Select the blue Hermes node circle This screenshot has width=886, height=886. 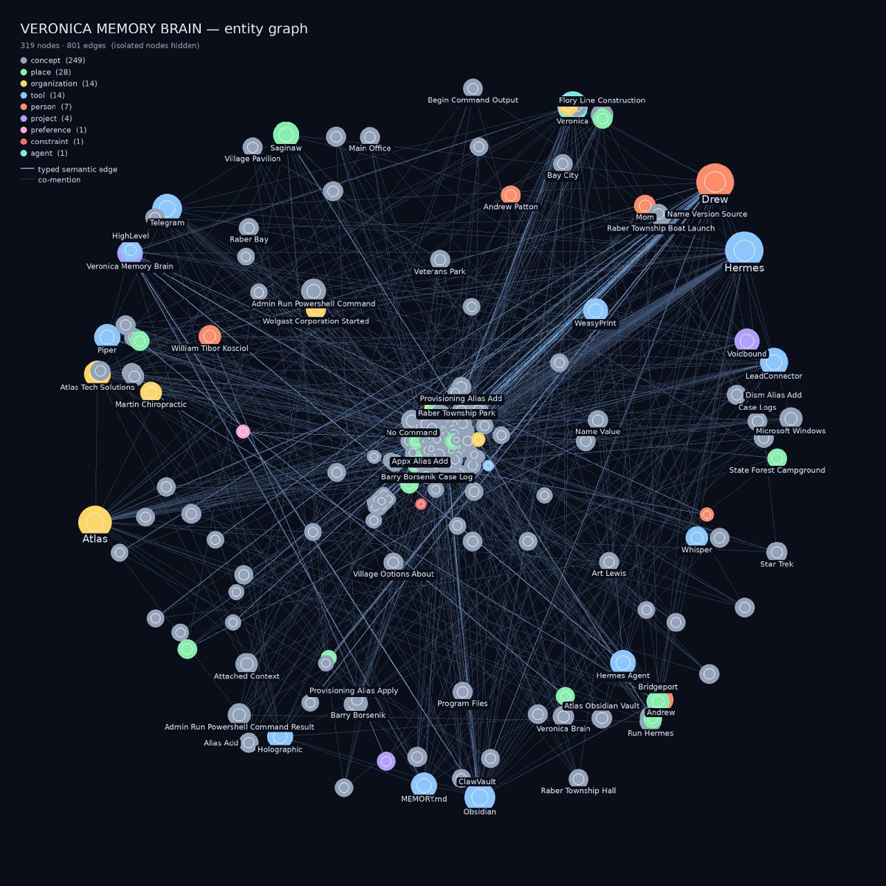[744, 250]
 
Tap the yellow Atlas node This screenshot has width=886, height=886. [95, 523]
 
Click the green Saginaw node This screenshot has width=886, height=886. [286, 134]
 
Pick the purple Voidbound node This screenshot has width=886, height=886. [746, 341]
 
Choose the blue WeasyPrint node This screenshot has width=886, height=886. [595, 310]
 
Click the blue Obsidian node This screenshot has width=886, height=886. [480, 797]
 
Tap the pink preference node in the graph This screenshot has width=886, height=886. [243, 432]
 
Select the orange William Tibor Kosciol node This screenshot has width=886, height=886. [210, 336]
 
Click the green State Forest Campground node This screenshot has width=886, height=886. [777, 458]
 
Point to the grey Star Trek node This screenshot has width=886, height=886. [777, 552]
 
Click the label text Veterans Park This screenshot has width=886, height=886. [439, 271]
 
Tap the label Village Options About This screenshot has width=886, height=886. [393, 574]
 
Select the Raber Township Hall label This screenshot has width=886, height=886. [578, 790]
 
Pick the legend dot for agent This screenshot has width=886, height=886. [24, 153]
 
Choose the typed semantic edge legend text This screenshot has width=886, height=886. [78, 169]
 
